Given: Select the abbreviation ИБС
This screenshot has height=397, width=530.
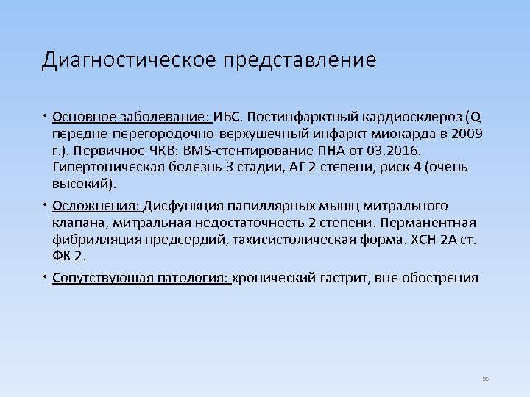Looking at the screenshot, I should [x=228, y=117].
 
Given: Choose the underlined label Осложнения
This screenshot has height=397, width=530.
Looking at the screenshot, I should [x=96, y=206].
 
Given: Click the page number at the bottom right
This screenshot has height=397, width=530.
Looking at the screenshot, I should [x=485, y=379].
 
